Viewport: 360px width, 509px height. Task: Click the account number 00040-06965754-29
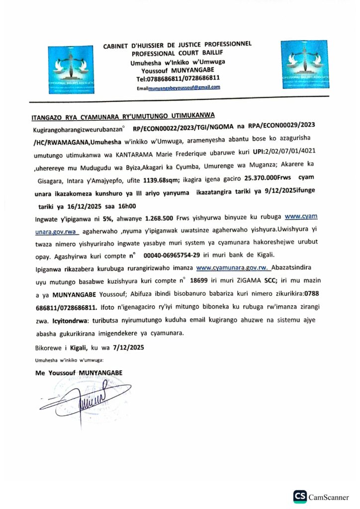[x=172, y=255]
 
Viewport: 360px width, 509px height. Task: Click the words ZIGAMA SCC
[x=261, y=281]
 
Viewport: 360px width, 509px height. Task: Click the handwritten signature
[x=82, y=397]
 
